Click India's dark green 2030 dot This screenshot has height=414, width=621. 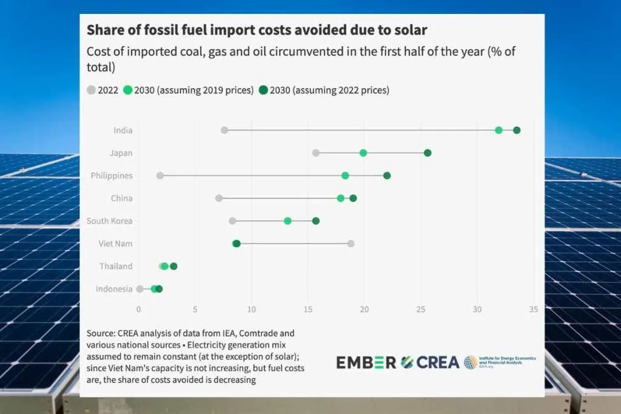tap(517, 130)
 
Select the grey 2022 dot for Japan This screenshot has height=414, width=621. tap(316, 153)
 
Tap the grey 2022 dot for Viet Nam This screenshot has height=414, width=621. tap(351, 244)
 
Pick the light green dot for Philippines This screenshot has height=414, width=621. tap(345, 176)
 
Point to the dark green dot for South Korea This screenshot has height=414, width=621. tap(316, 221)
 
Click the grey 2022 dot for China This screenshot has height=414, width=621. tap(219, 198)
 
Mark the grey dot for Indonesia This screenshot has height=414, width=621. tap(140, 289)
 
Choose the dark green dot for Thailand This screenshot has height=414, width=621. tap(173, 266)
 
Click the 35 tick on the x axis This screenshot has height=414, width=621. tap(533, 309)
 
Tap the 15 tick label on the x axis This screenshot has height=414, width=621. tap(307, 309)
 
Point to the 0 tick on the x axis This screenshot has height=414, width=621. tap(139, 309)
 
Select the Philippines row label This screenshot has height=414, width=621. tap(112, 176)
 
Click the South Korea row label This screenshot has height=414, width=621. tap(109, 221)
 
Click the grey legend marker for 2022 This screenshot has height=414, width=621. tap(92, 90)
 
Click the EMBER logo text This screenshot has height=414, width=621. tap(366, 362)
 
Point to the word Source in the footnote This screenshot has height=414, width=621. tap(101, 333)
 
